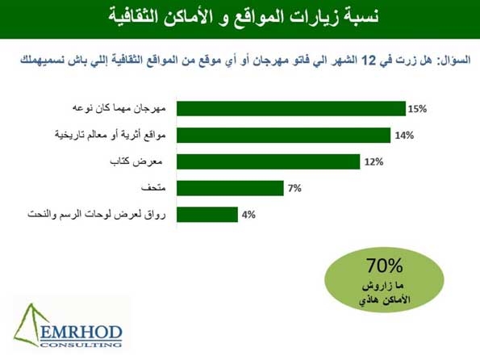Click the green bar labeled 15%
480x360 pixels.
(291, 109)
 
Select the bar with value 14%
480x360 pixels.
(283, 135)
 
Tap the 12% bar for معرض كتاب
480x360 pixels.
(268, 161)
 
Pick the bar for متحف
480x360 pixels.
(230, 188)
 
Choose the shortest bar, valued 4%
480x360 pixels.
(207, 215)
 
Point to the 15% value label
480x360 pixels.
(417, 109)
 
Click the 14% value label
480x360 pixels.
(404, 136)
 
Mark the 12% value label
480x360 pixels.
(374, 161)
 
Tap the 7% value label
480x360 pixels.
(294, 188)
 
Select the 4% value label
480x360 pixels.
(248, 215)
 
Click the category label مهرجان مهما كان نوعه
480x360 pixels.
(119, 109)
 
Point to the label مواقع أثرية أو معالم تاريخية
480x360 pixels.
(111, 135)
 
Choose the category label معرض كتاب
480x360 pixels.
(136, 161)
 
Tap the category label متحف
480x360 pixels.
(153, 188)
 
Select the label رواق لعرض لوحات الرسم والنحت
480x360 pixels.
(97, 215)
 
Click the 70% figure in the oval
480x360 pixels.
(385, 266)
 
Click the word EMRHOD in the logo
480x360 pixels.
(81, 333)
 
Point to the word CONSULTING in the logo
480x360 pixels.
(81, 345)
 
